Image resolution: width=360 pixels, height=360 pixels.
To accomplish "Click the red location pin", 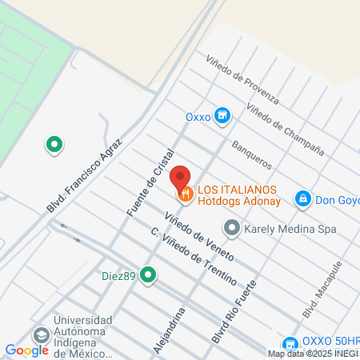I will click(180, 177).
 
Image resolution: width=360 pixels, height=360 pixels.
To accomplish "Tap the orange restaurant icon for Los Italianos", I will click(185, 194).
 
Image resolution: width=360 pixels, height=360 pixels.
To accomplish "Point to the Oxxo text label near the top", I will click(198, 117).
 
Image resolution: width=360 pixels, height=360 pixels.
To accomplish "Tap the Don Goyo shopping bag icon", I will click(303, 198).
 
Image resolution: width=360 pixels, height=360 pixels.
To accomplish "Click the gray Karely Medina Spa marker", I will click(232, 229).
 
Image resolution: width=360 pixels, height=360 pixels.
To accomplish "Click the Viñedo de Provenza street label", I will click(242, 81).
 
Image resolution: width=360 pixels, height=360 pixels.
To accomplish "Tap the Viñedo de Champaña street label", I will click(285, 129).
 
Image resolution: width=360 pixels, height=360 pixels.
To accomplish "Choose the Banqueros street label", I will click(251, 154).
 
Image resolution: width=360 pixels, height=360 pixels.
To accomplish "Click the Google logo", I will click(26, 350).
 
